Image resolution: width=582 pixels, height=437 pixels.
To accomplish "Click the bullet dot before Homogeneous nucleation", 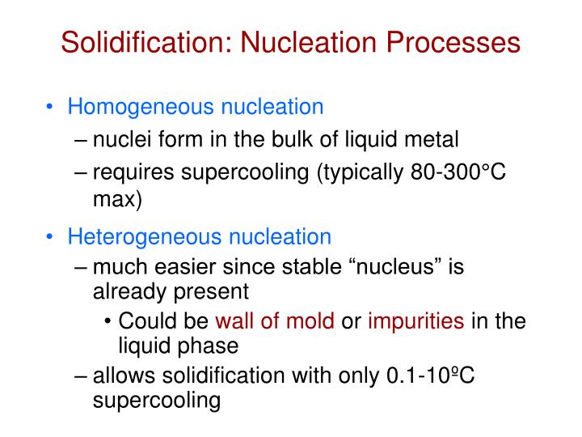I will (x=51, y=107).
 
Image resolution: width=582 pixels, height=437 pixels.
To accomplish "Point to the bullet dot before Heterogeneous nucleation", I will (x=51, y=237).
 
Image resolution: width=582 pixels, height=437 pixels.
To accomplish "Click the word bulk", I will (x=280, y=140).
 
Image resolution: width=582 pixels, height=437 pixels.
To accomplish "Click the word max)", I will (x=118, y=198).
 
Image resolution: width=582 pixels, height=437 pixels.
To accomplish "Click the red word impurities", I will (x=415, y=321).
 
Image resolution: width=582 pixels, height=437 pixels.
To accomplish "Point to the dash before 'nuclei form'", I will (x=85, y=141).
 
